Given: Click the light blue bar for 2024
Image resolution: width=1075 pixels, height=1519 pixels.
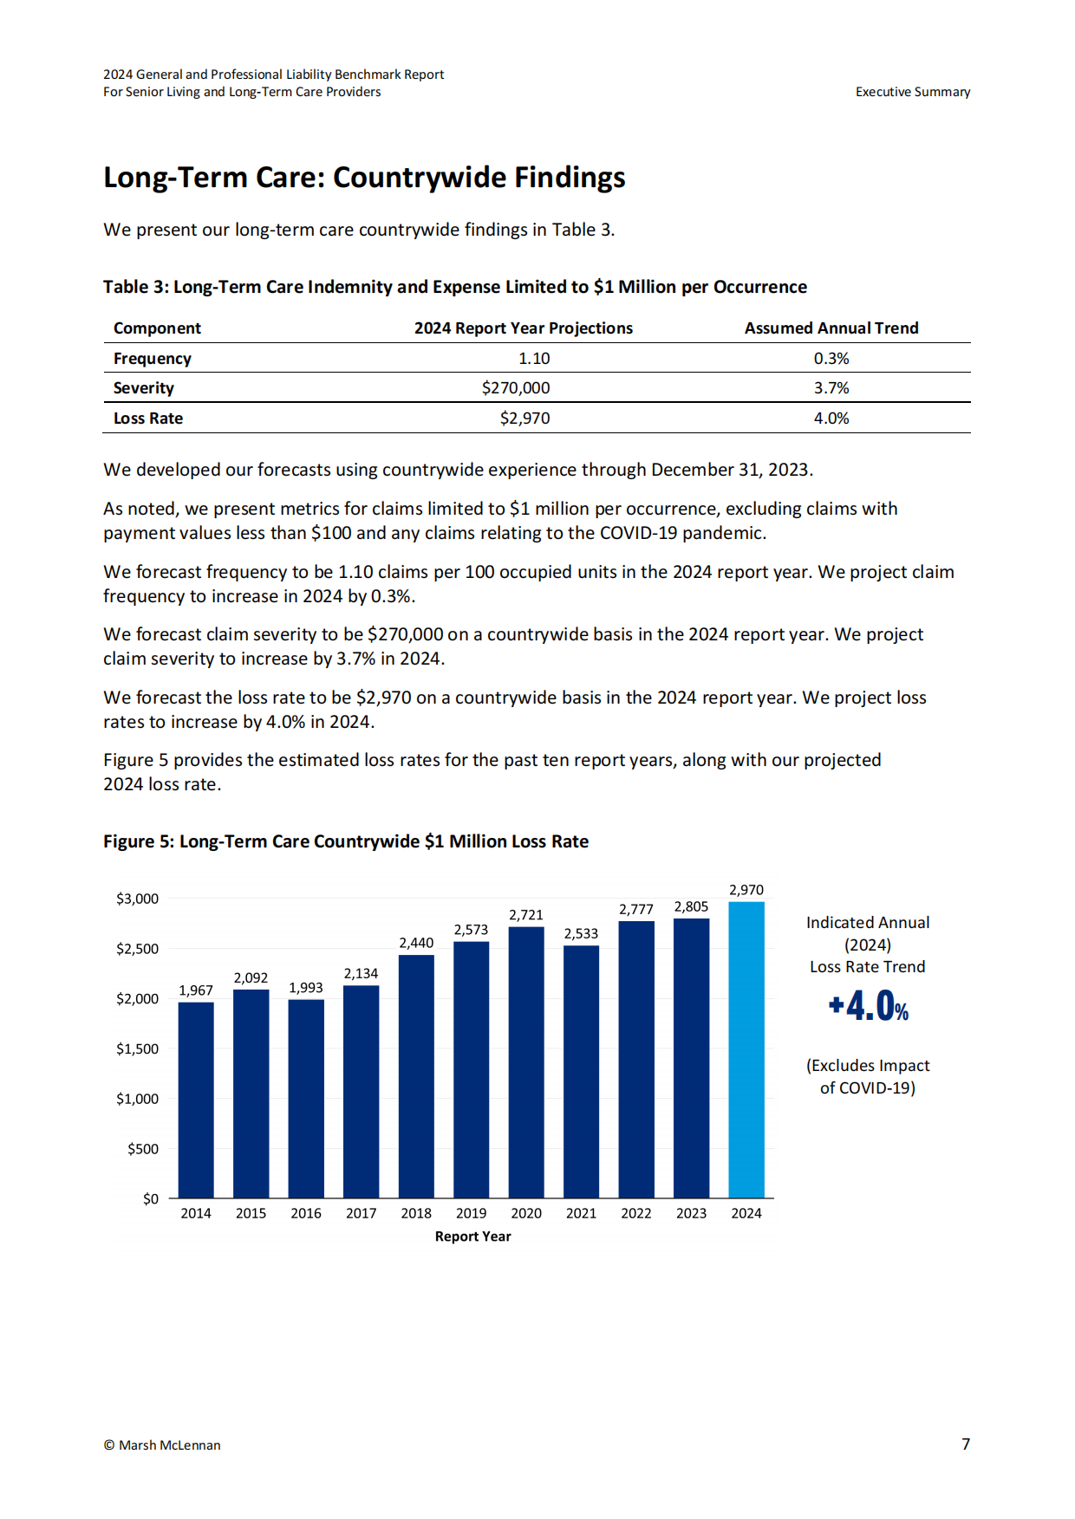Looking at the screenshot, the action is click(x=746, y=1049).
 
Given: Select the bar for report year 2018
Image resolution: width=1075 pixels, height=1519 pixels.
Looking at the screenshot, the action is click(x=416, y=1076).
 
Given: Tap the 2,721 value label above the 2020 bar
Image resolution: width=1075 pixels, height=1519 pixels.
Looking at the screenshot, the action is click(x=526, y=915).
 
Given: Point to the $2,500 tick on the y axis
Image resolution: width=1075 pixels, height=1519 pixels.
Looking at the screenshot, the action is click(x=138, y=949).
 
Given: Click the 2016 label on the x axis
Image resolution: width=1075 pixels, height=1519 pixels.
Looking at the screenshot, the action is click(x=306, y=1213).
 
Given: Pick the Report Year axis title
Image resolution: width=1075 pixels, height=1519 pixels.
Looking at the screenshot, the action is click(x=473, y=1237).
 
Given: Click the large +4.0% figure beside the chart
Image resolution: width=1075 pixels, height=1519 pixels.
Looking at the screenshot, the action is click(x=869, y=1006).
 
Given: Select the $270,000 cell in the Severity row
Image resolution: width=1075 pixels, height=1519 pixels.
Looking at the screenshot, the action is click(x=516, y=388).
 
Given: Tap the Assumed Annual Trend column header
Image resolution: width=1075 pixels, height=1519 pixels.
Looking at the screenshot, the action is click(x=831, y=328).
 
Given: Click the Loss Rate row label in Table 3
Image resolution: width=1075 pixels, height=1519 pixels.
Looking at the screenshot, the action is click(x=148, y=419).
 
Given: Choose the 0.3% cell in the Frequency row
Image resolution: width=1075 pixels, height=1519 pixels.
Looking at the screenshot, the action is click(x=831, y=359).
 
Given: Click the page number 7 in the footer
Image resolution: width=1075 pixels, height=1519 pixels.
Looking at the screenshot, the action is click(x=966, y=1444).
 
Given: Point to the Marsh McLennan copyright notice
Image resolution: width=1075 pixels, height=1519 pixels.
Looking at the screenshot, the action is click(x=162, y=1445).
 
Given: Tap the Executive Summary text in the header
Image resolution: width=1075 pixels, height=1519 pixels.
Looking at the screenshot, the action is click(x=913, y=92).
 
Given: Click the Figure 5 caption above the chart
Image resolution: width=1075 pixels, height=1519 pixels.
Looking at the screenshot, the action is click(x=346, y=841).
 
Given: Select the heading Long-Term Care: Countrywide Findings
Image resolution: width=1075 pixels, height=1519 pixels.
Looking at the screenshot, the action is click(x=364, y=178).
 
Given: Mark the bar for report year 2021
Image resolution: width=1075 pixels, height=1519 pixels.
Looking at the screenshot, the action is click(x=581, y=1072).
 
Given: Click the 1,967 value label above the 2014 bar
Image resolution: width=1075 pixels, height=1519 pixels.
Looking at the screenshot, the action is click(x=196, y=990).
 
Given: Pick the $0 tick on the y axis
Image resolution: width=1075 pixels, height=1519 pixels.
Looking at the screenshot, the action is click(x=151, y=1199).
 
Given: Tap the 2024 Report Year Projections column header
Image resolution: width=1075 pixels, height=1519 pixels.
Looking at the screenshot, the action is click(x=524, y=328).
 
